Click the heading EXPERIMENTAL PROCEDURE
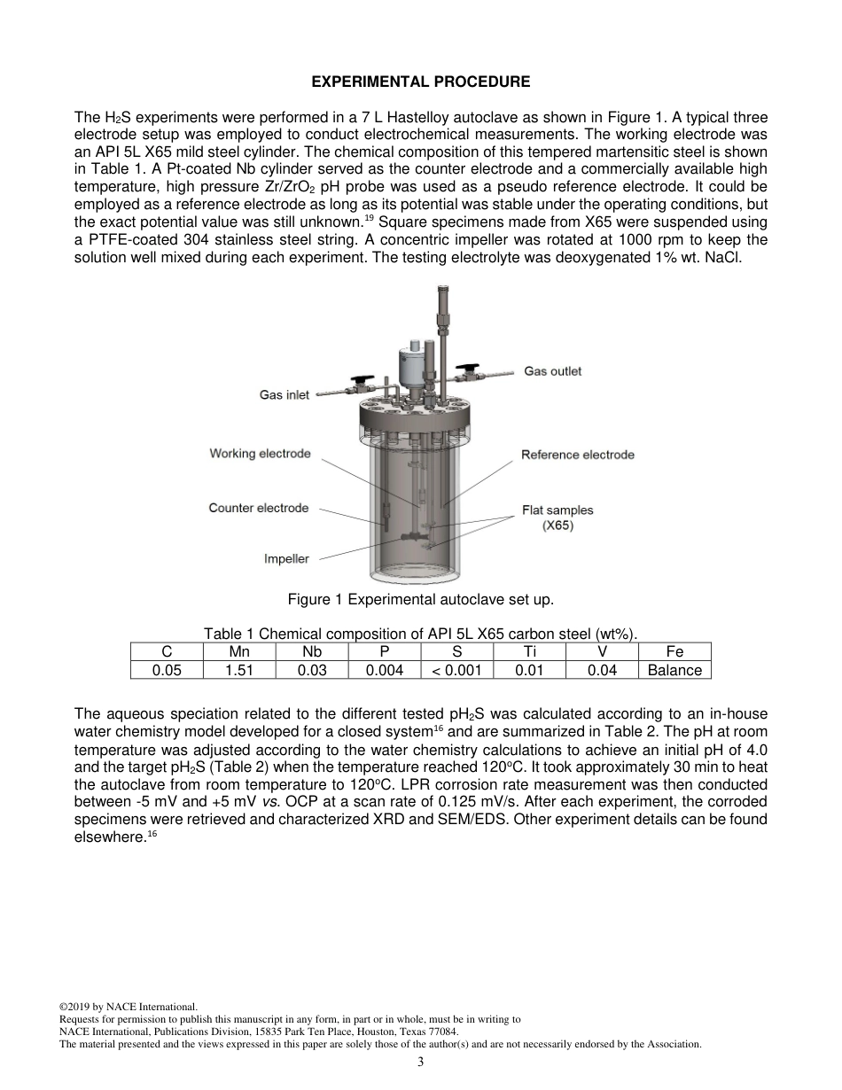(420, 82)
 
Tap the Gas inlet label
(284, 394)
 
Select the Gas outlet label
(553, 371)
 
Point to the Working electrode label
(260, 454)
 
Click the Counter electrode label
(259, 508)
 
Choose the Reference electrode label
(578, 455)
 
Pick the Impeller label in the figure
(286, 559)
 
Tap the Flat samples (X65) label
(557, 518)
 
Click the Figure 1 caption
(420, 600)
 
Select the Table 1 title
(420, 633)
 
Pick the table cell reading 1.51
(239, 671)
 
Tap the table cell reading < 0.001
(456, 671)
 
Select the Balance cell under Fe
(674, 671)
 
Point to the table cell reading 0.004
(385, 671)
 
